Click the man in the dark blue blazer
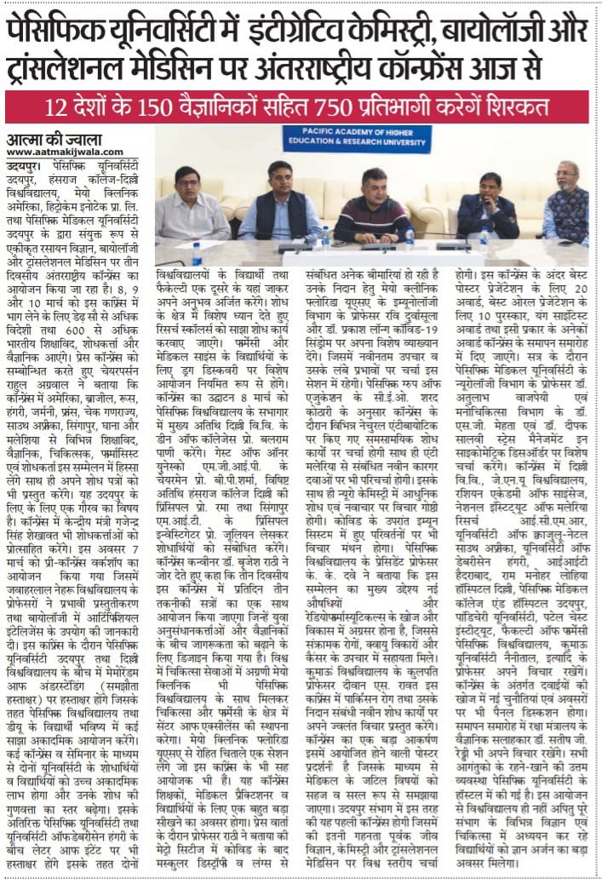point(490,213)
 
